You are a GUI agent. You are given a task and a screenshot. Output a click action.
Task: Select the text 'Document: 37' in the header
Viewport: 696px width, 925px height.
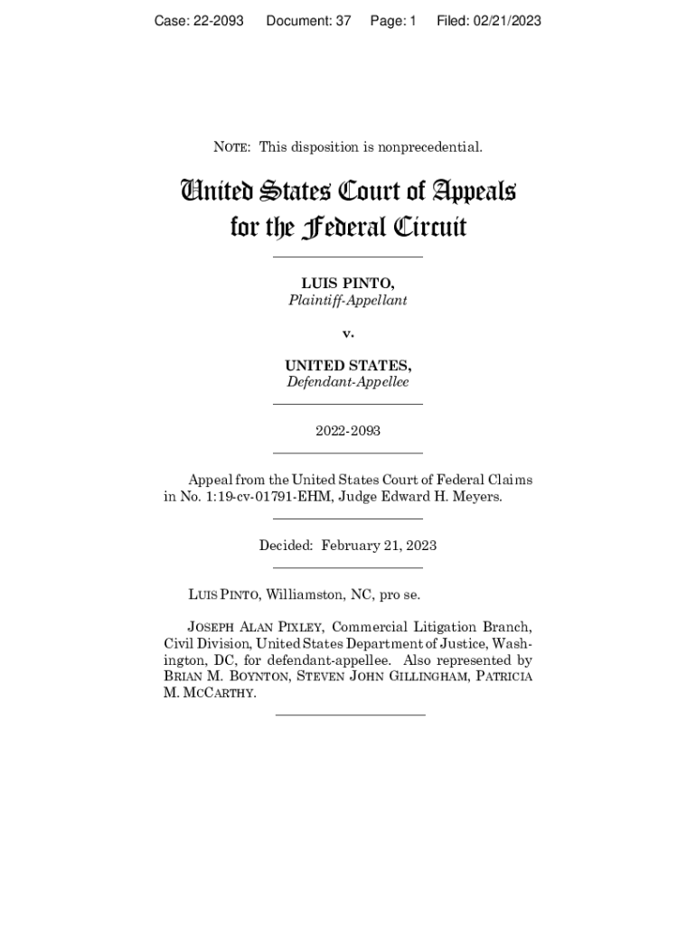[308, 21]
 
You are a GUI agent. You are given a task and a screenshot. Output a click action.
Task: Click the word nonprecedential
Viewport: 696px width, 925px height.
[431, 146]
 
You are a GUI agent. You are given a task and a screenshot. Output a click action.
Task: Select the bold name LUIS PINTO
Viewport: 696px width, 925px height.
[347, 285]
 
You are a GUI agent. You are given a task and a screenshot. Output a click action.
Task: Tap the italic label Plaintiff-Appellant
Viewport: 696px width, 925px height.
[347, 300]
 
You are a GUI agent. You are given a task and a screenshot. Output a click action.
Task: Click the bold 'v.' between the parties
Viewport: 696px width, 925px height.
[348, 333]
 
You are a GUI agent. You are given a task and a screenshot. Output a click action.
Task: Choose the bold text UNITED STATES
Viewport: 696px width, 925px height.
[348, 366]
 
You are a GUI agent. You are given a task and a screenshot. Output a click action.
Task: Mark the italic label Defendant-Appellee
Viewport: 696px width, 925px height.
[348, 382]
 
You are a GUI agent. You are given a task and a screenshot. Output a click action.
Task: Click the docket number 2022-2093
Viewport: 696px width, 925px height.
[348, 431]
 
